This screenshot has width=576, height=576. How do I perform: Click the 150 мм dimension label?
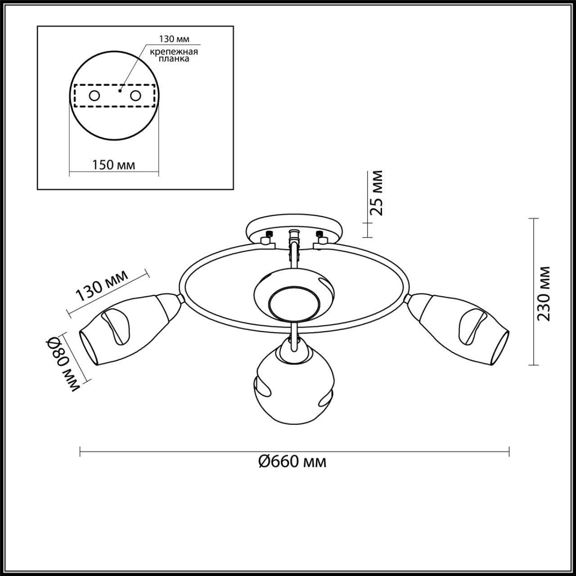(113, 165)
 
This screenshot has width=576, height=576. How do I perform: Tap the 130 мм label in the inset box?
(172, 39)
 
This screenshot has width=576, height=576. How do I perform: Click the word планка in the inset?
(174, 59)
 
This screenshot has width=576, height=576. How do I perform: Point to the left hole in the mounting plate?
(94, 96)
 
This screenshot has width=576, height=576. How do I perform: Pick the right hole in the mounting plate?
(135, 96)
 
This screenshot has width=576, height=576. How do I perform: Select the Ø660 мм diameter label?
(292, 461)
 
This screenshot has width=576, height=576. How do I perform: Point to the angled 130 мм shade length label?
(102, 286)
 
